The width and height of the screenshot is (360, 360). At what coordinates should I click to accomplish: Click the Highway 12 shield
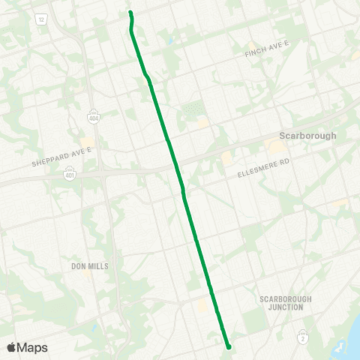click(40, 18)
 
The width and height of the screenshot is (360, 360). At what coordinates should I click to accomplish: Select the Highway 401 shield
click(69, 175)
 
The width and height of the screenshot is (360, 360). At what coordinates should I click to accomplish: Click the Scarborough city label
click(307, 136)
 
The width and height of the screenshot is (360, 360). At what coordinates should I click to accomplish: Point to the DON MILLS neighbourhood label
click(89, 266)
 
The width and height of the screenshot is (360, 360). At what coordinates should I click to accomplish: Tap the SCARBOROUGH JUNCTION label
click(281, 303)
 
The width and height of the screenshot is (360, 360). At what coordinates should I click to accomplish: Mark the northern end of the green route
click(130, 13)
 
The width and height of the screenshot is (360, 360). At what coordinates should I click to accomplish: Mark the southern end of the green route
click(228, 346)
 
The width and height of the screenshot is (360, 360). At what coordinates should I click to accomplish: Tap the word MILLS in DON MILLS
click(98, 266)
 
